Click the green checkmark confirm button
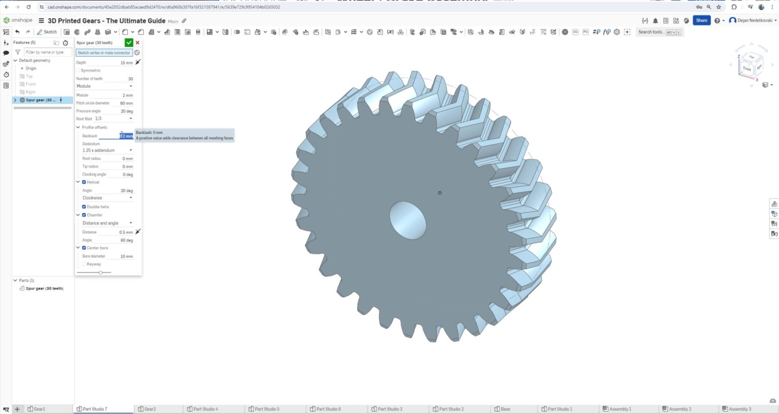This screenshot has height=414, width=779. (129, 43)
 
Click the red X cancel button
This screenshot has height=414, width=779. (137, 43)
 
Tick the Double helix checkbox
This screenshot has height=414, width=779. (84, 207)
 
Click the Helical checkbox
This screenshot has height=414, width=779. (84, 182)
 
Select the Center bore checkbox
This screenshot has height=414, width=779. (84, 248)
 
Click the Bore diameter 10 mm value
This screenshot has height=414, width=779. (126, 256)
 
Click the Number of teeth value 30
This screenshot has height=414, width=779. (130, 79)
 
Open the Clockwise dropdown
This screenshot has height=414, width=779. (107, 198)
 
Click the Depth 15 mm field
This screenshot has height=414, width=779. (126, 63)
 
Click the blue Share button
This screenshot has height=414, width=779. (701, 20)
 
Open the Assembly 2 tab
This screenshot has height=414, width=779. (680, 409)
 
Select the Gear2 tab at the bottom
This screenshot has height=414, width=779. (150, 409)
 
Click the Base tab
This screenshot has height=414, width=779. (505, 409)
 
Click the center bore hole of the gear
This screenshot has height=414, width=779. (408, 220)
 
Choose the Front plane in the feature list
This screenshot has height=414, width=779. (30, 84)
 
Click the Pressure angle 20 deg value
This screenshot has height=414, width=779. (126, 111)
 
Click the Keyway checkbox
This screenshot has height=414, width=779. (84, 264)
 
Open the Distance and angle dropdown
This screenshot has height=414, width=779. (107, 223)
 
